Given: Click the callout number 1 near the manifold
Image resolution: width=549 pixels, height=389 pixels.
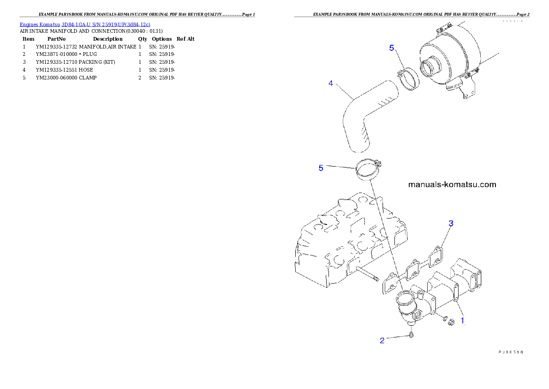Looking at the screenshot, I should point(463,319).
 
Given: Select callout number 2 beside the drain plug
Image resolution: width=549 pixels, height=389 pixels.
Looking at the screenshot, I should point(382,340).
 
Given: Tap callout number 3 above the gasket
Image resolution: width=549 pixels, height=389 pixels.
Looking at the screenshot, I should point(451,223).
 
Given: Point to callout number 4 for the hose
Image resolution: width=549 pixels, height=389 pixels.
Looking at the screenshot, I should point(331,83).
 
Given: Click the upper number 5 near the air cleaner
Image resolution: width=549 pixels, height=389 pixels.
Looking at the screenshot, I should point(392,48).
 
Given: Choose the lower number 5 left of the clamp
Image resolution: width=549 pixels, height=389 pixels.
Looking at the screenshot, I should point(321,168).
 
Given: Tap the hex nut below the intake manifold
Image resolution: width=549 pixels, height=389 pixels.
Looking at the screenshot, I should point(452,322).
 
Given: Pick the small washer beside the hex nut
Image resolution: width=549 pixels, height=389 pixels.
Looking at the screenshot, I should point(443,319).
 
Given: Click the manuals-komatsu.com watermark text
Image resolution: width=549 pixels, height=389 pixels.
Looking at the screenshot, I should point(452,184).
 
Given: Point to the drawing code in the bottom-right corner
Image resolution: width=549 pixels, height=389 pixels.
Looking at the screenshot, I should point(511,352).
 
